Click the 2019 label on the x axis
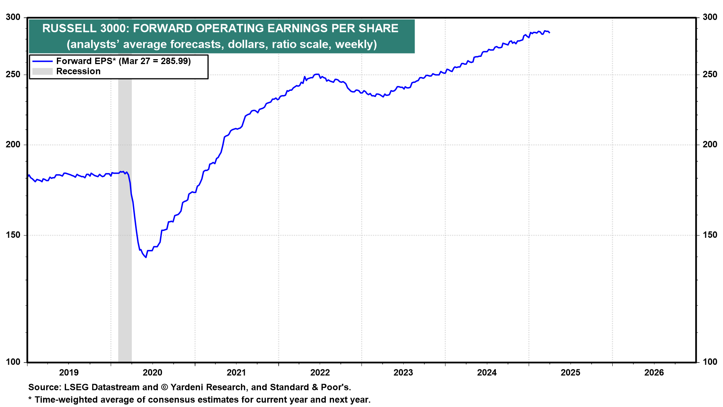[69, 373]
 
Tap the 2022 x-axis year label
[320, 373]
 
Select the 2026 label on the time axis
[654, 373]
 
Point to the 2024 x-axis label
[487, 373]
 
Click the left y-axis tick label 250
[13, 75]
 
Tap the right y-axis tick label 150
[710, 235]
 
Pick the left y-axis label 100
[13, 362]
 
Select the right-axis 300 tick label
[710, 17]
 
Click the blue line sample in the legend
[42, 61]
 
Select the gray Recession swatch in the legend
[42, 72]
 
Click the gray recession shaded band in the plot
[125, 264]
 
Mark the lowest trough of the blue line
[146, 257]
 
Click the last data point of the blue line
[549, 33]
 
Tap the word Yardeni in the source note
[188, 387]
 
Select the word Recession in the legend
[78, 72]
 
